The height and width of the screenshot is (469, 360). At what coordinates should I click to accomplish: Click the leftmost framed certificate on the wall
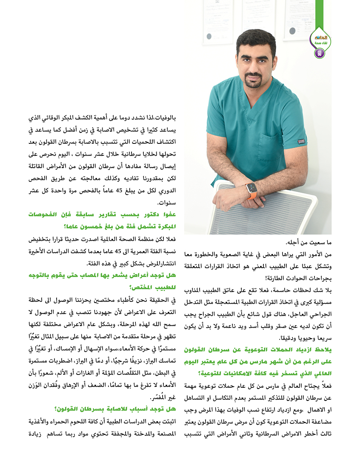(x=218, y=22)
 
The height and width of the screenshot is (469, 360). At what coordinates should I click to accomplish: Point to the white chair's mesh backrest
(x=272, y=213)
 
